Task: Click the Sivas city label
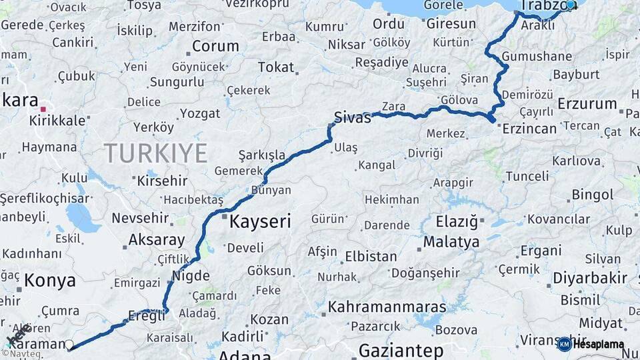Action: point(353,119)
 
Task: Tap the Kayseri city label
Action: point(260,222)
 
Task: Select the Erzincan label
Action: point(530,128)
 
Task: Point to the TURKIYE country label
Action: point(155,153)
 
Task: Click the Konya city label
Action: point(50,281)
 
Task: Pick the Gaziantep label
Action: point(401,350)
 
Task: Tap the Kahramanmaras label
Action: point(387,308)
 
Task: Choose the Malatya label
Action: point(451,241)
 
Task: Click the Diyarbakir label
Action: point(590,278)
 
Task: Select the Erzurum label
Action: point(587,103)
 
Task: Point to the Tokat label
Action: point(276,67)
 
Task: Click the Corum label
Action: point(215,47)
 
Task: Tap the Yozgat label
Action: point(199,113)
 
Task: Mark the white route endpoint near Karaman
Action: point(69,345)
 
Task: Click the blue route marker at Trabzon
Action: point(570,5)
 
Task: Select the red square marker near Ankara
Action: point(43,109)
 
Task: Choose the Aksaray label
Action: point(157,239)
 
